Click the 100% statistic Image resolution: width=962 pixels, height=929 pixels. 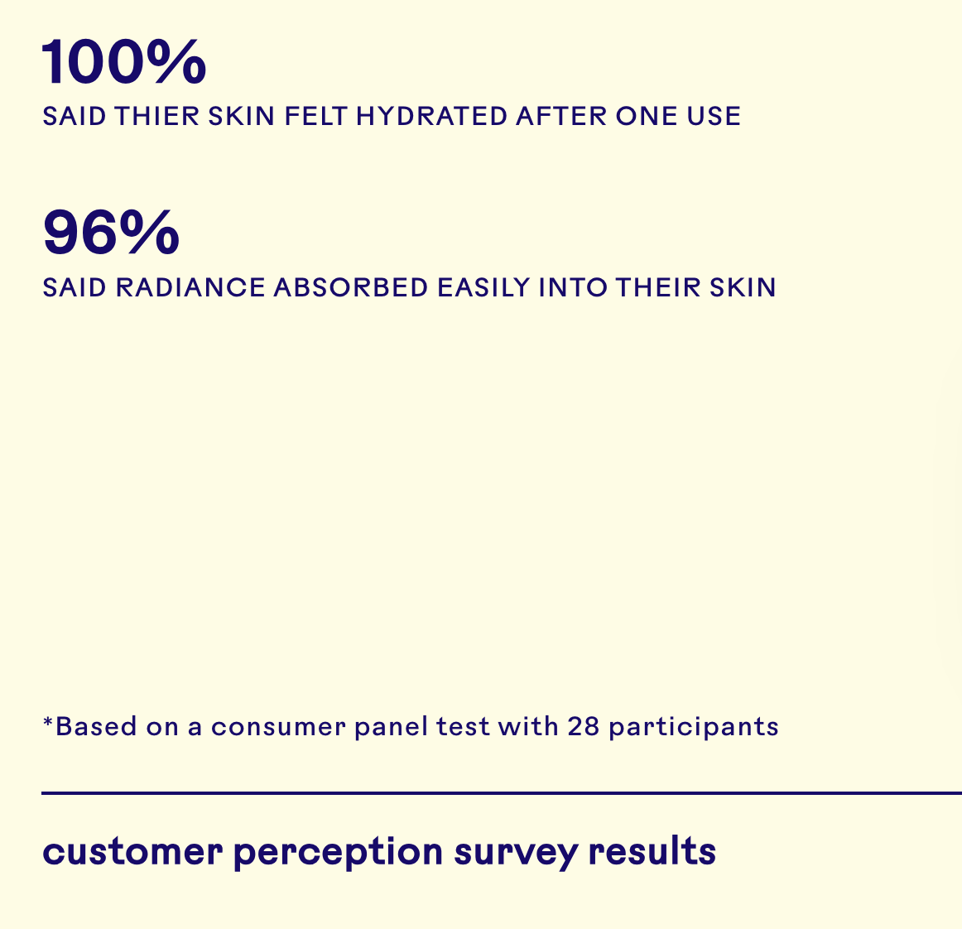tap(124, 61)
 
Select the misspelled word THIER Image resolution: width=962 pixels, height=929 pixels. tap(157, 116)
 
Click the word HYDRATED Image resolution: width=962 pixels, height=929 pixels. tap(431, 116)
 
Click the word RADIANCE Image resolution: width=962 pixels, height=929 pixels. tap(190, 287)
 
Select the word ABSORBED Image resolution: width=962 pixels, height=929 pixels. tap(350, 287)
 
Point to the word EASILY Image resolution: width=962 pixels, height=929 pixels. tap(483, 287)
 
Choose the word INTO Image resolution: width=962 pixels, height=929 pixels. tap(573, 287)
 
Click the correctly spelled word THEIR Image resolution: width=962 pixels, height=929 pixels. tap(657, 287)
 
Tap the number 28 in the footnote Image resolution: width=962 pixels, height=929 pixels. tap(583, 726)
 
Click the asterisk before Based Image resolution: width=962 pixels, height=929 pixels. tap(48, 722)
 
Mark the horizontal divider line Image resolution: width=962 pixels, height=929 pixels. tap(502, 792)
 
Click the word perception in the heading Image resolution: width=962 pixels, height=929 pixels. tap(338, 853)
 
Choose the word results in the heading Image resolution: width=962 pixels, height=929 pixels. tap(652, 851)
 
